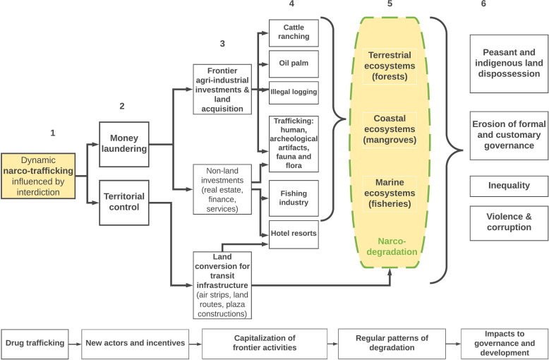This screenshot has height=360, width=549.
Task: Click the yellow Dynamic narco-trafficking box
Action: [43, 176]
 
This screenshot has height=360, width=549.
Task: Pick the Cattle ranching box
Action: [294, 32]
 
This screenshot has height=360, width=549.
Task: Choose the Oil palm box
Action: [294, 62]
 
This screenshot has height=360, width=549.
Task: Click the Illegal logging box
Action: [294, 92]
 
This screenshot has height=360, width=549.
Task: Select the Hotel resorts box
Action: [294, 232]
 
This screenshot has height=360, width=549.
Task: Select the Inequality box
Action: [509, 186]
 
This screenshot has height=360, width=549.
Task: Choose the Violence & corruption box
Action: [509, 222]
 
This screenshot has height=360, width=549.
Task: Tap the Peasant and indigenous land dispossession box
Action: [509, 64]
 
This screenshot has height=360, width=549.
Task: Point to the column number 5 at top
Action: [390, 4]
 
